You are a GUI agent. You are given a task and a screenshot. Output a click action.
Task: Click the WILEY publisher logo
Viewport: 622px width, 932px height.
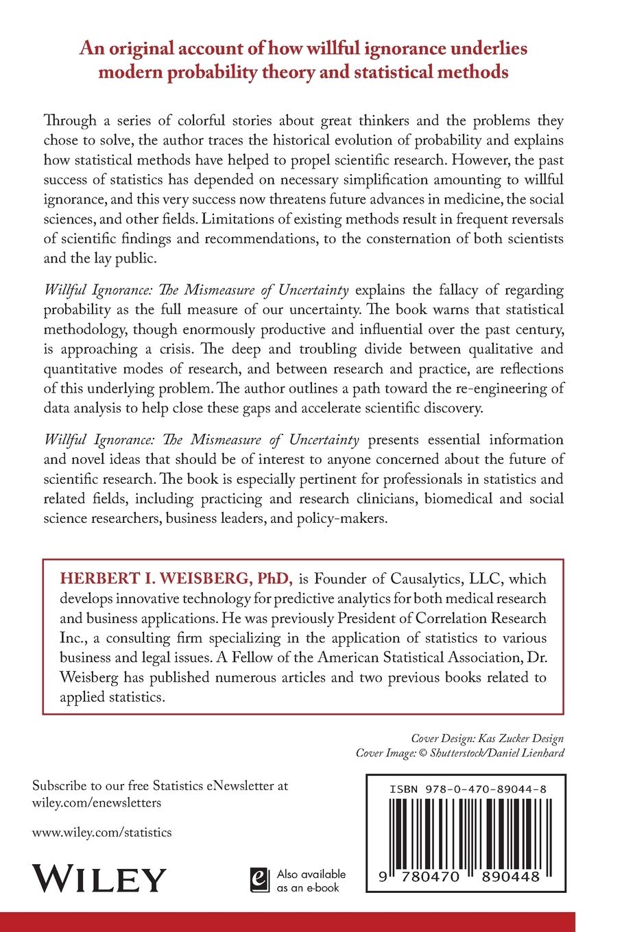[99, 879]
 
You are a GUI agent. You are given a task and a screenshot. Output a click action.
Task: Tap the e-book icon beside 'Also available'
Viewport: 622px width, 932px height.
[259, 880]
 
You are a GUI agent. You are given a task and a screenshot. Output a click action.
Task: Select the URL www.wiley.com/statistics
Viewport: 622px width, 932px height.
[102, 833]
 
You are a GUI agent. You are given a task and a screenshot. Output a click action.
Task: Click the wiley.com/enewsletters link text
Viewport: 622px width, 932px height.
[97, 802]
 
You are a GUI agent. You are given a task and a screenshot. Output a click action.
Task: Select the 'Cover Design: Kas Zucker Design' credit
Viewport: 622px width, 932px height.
[487, 738]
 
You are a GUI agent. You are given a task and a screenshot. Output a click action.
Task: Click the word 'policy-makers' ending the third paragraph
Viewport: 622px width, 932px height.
[344, 518]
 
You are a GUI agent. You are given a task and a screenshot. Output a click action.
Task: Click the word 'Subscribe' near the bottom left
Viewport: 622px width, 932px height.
[60, 785]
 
